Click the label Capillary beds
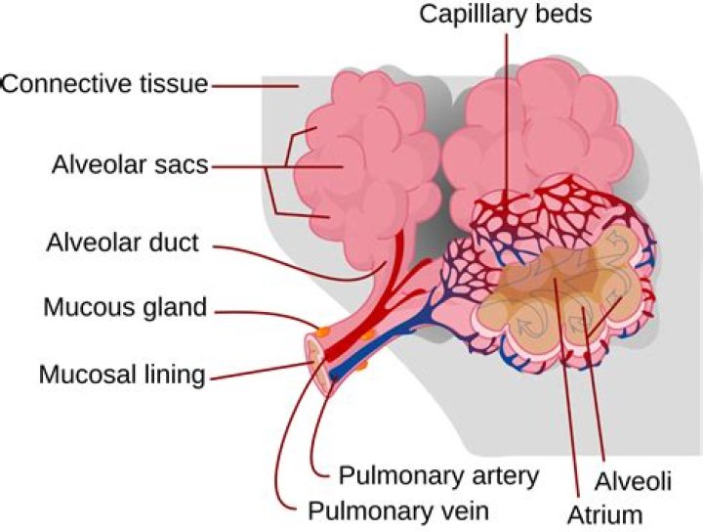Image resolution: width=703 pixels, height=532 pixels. [505, 15]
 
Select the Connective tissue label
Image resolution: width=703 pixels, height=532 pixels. [104, 84]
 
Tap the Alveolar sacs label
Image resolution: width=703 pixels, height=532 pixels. [130, 164]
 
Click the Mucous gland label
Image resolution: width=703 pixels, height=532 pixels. [125, 308]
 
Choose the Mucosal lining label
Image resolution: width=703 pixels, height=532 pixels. [122, 374]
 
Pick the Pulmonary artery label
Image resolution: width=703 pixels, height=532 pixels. [438, 476]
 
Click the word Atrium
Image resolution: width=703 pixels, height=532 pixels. [606, 513]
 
